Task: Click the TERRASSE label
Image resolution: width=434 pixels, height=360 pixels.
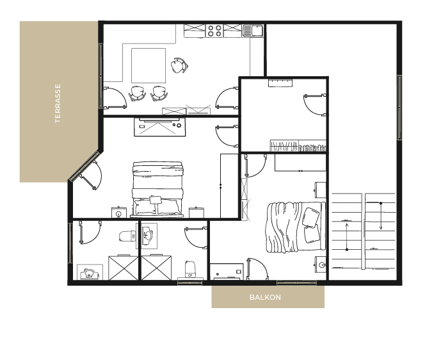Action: tap(58, 103)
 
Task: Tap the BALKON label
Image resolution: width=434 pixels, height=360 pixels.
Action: tap(265, 297)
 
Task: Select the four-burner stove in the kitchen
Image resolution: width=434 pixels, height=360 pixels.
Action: tap(214, 31)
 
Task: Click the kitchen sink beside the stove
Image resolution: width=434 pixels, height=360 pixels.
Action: tap(253, 31)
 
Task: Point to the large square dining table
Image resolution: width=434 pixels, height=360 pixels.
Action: tap(149, 65)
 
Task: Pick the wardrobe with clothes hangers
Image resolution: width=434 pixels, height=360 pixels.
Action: tap(298, 145)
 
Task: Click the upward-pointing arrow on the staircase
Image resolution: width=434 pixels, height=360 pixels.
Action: tap(347, 235)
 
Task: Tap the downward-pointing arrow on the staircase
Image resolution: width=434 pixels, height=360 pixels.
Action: tap(381, 217)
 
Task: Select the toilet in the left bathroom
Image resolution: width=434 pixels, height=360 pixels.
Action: tap(127, 236)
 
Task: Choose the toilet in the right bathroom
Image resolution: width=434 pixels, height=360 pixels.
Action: tap(190, 269)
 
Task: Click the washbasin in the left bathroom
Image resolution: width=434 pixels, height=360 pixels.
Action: tap(90, 274)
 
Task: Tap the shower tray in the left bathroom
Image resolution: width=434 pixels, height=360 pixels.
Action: tap(123, 268)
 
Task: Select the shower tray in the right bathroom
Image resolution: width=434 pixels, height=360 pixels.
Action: tap(156, 268)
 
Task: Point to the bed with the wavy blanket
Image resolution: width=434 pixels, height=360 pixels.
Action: tap(295, 227)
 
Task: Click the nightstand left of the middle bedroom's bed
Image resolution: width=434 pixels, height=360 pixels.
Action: tap(118, 213)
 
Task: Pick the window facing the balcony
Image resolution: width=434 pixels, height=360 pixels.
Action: tap(297, 282)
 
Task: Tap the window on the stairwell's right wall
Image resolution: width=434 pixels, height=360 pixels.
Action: tap(399, 108)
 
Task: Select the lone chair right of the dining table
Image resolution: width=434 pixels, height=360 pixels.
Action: tap(179, 65)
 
